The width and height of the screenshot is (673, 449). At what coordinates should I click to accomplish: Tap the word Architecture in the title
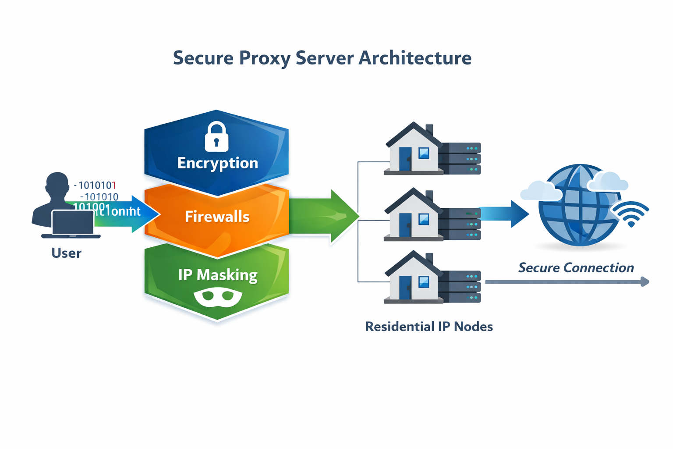click(415, 58)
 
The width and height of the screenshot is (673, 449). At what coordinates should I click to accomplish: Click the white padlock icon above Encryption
click(216, 137)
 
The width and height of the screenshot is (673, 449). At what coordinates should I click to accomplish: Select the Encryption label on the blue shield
click(217, 163)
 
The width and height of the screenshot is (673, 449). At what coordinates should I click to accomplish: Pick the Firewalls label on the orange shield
click(217, 217)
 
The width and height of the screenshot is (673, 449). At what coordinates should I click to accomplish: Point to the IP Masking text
click(217, 275)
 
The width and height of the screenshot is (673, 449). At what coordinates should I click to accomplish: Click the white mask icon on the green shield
click(218, 297)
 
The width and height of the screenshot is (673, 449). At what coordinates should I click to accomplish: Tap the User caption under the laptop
click(66, 253)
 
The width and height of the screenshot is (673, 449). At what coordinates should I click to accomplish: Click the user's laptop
click(72, 224)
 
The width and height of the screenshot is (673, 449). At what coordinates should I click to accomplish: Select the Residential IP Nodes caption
click(429, 327)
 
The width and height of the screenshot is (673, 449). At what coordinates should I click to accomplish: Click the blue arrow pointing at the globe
click(504, 214)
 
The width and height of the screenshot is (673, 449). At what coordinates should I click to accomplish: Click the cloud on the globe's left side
click(541, 191)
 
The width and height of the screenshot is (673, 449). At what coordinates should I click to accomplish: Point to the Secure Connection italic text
click(576, 267)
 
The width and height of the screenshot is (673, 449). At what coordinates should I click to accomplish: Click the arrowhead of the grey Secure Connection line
click(645, 282)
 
